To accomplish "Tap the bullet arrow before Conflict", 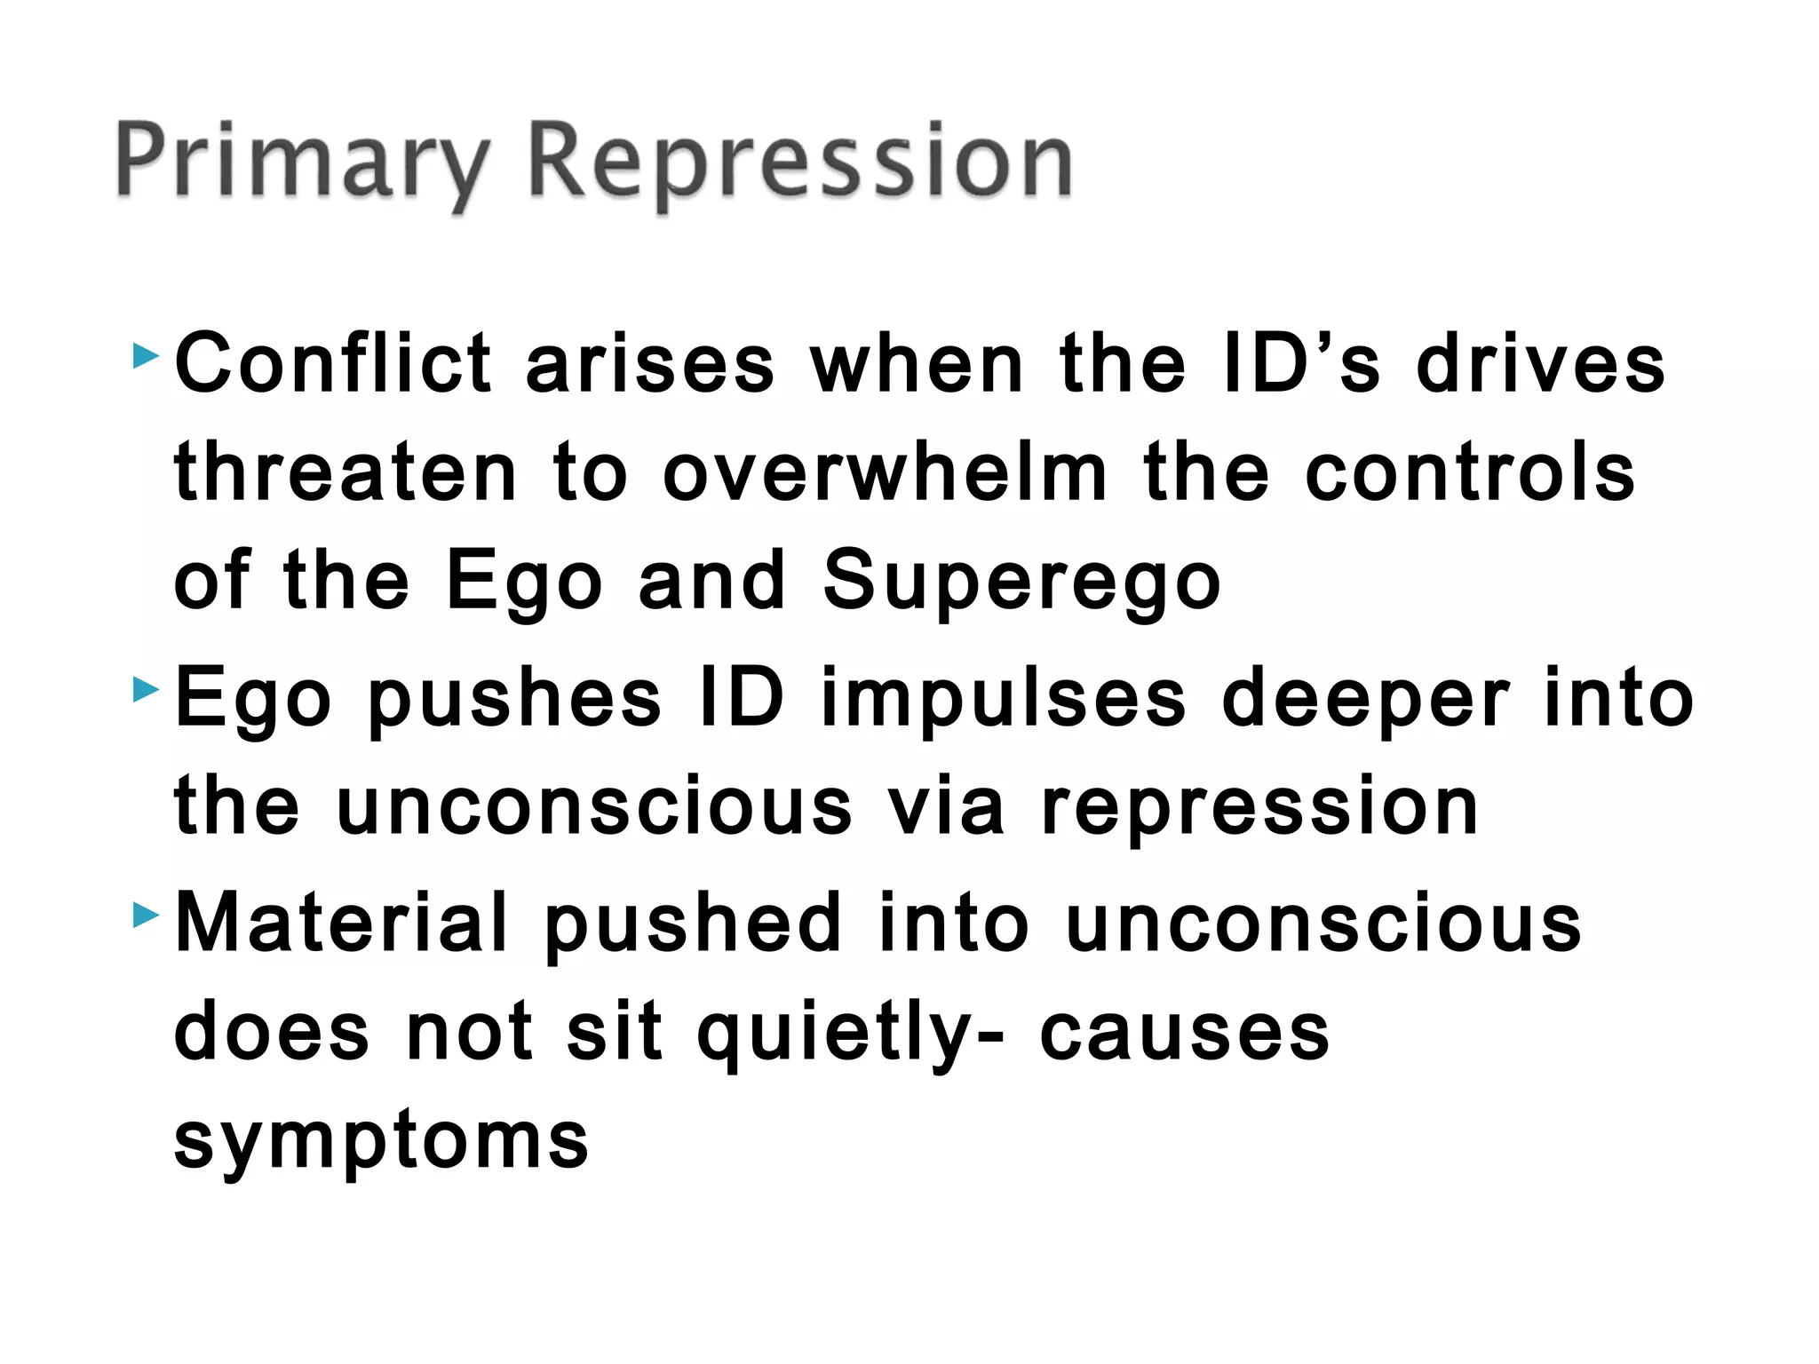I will (x=145, y=357).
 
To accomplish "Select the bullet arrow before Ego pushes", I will (x=145, y=689).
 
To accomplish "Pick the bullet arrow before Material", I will (x=145, y=915).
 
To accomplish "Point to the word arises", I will (x=650, y=364).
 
